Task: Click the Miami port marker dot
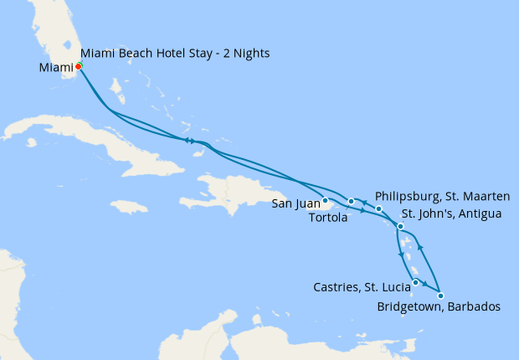click(78, 66)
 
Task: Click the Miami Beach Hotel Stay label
click(176, 54)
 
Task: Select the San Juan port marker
click(325, 199)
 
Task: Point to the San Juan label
click(295, 203)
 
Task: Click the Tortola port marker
click(352, 202)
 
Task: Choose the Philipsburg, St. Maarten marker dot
click(378, 209)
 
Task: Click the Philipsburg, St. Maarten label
click(443, 197)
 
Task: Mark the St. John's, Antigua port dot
click(401, 227)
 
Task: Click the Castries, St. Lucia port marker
click(415, 282)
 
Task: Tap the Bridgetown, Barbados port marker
click(440, 296)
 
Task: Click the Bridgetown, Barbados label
click(439, 307)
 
